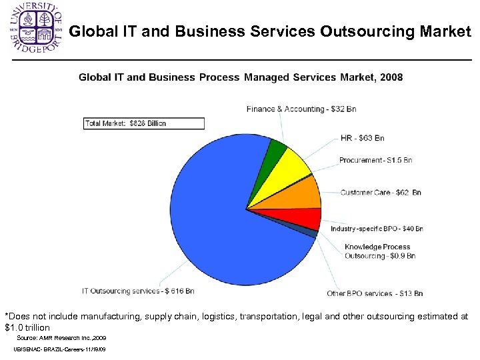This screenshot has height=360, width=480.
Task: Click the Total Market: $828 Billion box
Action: pyautogui.click(x=144, y=123)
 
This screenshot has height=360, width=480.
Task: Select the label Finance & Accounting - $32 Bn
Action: pyautogui.click(x=301, y=109)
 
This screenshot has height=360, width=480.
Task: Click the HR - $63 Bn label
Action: pyautogui.click(x=362, y=138)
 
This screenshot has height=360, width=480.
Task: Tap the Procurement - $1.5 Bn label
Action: pyautogui.click(x=375, y=160)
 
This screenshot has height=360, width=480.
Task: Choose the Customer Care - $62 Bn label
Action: pyautogui.click(x=381, y=193)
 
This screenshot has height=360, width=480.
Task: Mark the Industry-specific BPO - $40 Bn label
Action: pyautogui.click(x=377, y=229)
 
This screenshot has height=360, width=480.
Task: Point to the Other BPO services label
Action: pyautogui.click(x=375, y=293)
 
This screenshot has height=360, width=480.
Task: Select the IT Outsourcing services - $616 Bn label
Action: pyautogui.click(x=138, y=291)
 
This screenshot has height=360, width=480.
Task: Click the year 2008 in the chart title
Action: pyautogui.click(x=391, y=77)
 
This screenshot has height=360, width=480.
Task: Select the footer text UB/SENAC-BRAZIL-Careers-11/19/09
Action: pyautogui.click(x=59, y=350)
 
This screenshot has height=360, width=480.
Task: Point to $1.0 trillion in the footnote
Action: pyautogui.click(x=27, y=327)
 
